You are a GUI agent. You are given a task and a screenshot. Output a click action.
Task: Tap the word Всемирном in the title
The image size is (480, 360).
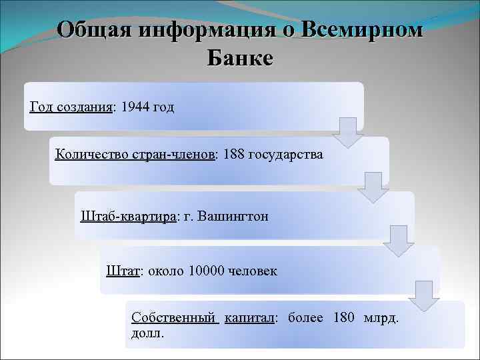[x=361, y=30]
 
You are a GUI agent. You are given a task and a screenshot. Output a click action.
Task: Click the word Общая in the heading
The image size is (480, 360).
[x=94, y=30]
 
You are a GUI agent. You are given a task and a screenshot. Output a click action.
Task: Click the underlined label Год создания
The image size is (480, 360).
[x=71, y=107]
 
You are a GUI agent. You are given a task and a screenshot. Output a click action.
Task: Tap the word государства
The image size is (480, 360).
[x=285, y=155]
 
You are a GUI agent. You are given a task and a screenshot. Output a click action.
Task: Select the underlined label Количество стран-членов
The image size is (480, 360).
[x=136, y=155]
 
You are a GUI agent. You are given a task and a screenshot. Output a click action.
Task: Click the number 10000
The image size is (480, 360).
[x=207, y=271]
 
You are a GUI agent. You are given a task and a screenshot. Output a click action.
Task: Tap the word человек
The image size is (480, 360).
[x=253, y=271]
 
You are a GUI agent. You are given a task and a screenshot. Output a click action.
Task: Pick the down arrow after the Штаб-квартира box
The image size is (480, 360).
[x=398, y=241]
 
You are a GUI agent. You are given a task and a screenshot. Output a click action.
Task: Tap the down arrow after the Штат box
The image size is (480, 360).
[x=424, y=295]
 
